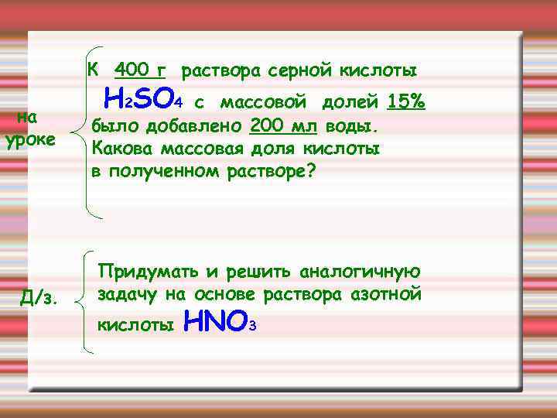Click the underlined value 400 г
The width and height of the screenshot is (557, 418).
coord(140,70)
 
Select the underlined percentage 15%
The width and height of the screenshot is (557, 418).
coord(407,101)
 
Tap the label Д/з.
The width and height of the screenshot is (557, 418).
coord(41,296)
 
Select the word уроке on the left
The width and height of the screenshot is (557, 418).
coord(30,141)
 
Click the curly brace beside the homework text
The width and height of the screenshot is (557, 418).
coord(86,302)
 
